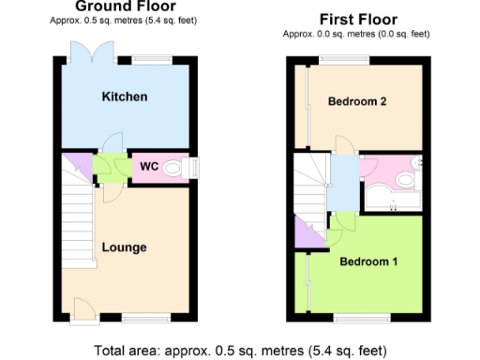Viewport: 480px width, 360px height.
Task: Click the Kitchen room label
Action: coord(125,97)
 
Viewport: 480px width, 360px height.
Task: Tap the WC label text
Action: coord(148,168)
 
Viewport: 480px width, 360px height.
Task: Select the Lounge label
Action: coord(124,247)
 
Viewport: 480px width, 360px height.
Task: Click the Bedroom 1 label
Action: coord(368,262)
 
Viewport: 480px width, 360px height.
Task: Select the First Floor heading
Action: coord(357,19)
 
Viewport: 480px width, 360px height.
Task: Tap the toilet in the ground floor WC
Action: coord(173,169)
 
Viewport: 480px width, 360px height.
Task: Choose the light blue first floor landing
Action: coord(342,184)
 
